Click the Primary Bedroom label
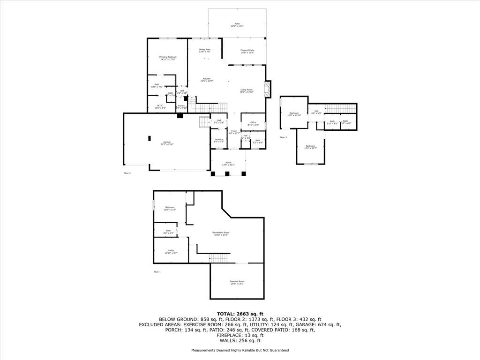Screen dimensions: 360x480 167,58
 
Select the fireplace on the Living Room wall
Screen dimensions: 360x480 268,90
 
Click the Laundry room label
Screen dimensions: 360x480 218,140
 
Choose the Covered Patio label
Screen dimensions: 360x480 247,51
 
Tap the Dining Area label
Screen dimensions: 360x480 204,50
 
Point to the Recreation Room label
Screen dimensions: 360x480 220,233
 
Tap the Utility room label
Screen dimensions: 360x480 171,251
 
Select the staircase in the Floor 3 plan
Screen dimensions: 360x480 340,109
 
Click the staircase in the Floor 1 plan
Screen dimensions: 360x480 218,258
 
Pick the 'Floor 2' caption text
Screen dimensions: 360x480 127,173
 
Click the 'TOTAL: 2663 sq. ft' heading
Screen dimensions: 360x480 240,314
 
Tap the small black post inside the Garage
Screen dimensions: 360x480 150,138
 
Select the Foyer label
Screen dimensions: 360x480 233,132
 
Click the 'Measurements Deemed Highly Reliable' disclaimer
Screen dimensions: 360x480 240,350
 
